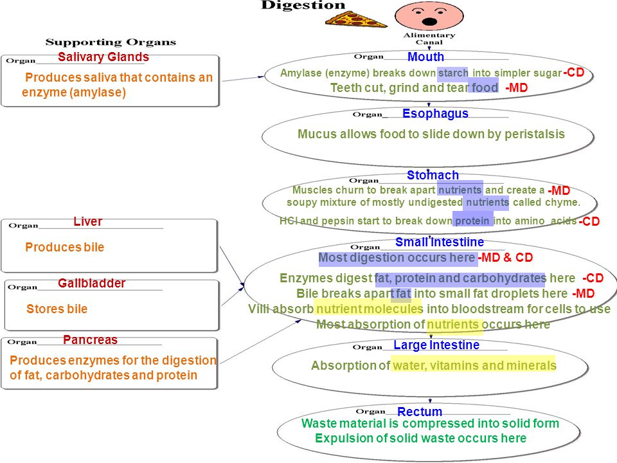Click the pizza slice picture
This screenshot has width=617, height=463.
pyautogui.click(x=355, y=19)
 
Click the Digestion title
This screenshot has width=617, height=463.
pyautogui.click(x=303, y=5)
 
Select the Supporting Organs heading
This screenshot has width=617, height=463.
pyautogui.click(x=111, y=42)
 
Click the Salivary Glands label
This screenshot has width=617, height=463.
pyautogui.click(x=103, y=57)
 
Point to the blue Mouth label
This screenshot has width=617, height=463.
pyautogui.click(x=425, y=57)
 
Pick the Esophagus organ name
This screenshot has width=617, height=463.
pyautogui.click(x=435, y=114)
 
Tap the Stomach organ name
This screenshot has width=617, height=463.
pyautogui.click(x=433, y=175)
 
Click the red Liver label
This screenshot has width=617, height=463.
pyautogui.click(x=88, y=222)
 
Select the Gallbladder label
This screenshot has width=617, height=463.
pyautogui.click(x=92, y=284)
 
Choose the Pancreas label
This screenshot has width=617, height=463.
pyautogui.click(x=91, y=340)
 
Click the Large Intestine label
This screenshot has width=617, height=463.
pyautogui.click(x=436, y=345)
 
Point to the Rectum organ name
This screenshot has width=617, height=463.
pyautogui.click(x=420, y=412)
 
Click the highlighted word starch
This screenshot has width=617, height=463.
pyautogui.click(x=453, y=73)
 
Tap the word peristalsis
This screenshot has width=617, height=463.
pyautogui.click(x=535, y=134)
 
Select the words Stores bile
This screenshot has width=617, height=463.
pyautogui.click(x=57, y=309)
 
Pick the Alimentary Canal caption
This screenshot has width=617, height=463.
pyautogui.click(x=429, y=39)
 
